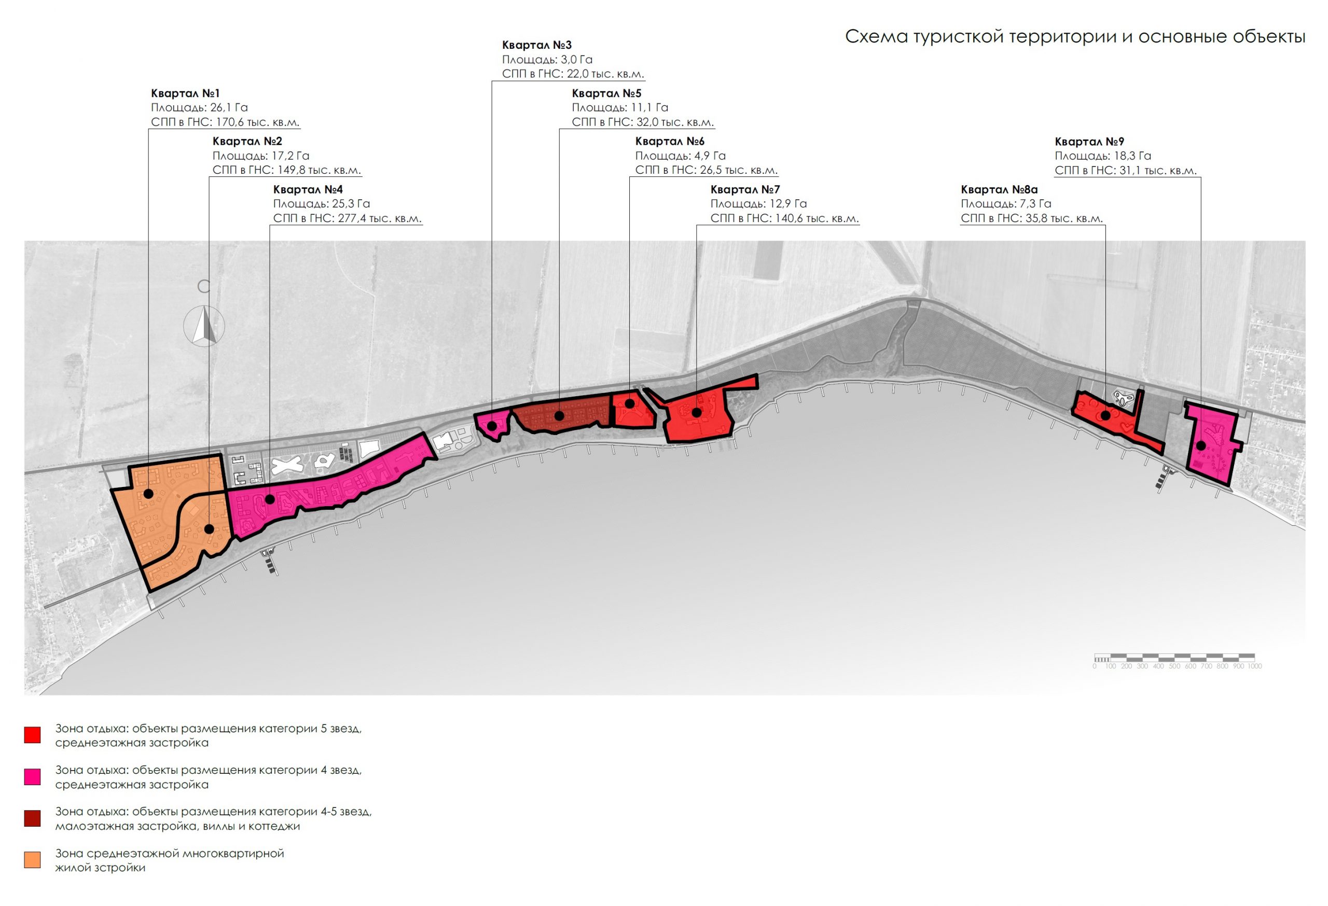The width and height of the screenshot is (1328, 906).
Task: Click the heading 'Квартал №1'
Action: [185, 93]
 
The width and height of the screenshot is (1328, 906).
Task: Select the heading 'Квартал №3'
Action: [536, 45]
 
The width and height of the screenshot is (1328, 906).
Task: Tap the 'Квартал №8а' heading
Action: [999, 190]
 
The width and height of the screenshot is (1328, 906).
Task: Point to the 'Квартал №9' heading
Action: [1089, 142]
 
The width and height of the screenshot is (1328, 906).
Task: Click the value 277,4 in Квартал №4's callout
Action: [352, 218]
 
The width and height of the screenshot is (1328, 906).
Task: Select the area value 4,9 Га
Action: [710, 156]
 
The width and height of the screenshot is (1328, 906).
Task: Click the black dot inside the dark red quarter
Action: [559, 416]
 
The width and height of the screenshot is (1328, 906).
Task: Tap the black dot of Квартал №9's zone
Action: [1200, 445]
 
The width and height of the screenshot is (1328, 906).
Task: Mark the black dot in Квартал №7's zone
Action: [697, 412]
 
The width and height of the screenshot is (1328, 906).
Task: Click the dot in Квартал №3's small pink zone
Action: [492, 426]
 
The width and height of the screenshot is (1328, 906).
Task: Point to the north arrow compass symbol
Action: [204, 326]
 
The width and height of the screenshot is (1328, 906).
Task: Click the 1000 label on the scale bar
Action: [1255, 666]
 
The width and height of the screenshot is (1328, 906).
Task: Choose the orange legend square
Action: [33, 860]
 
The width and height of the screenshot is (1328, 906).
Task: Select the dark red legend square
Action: [33, 818]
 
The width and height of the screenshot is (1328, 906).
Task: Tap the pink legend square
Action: [33, 777]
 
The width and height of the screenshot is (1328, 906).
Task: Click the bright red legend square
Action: [33, 735]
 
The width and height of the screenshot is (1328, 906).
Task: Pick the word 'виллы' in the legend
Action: [227, 827]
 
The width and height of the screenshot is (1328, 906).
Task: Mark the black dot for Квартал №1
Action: [148, 494]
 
